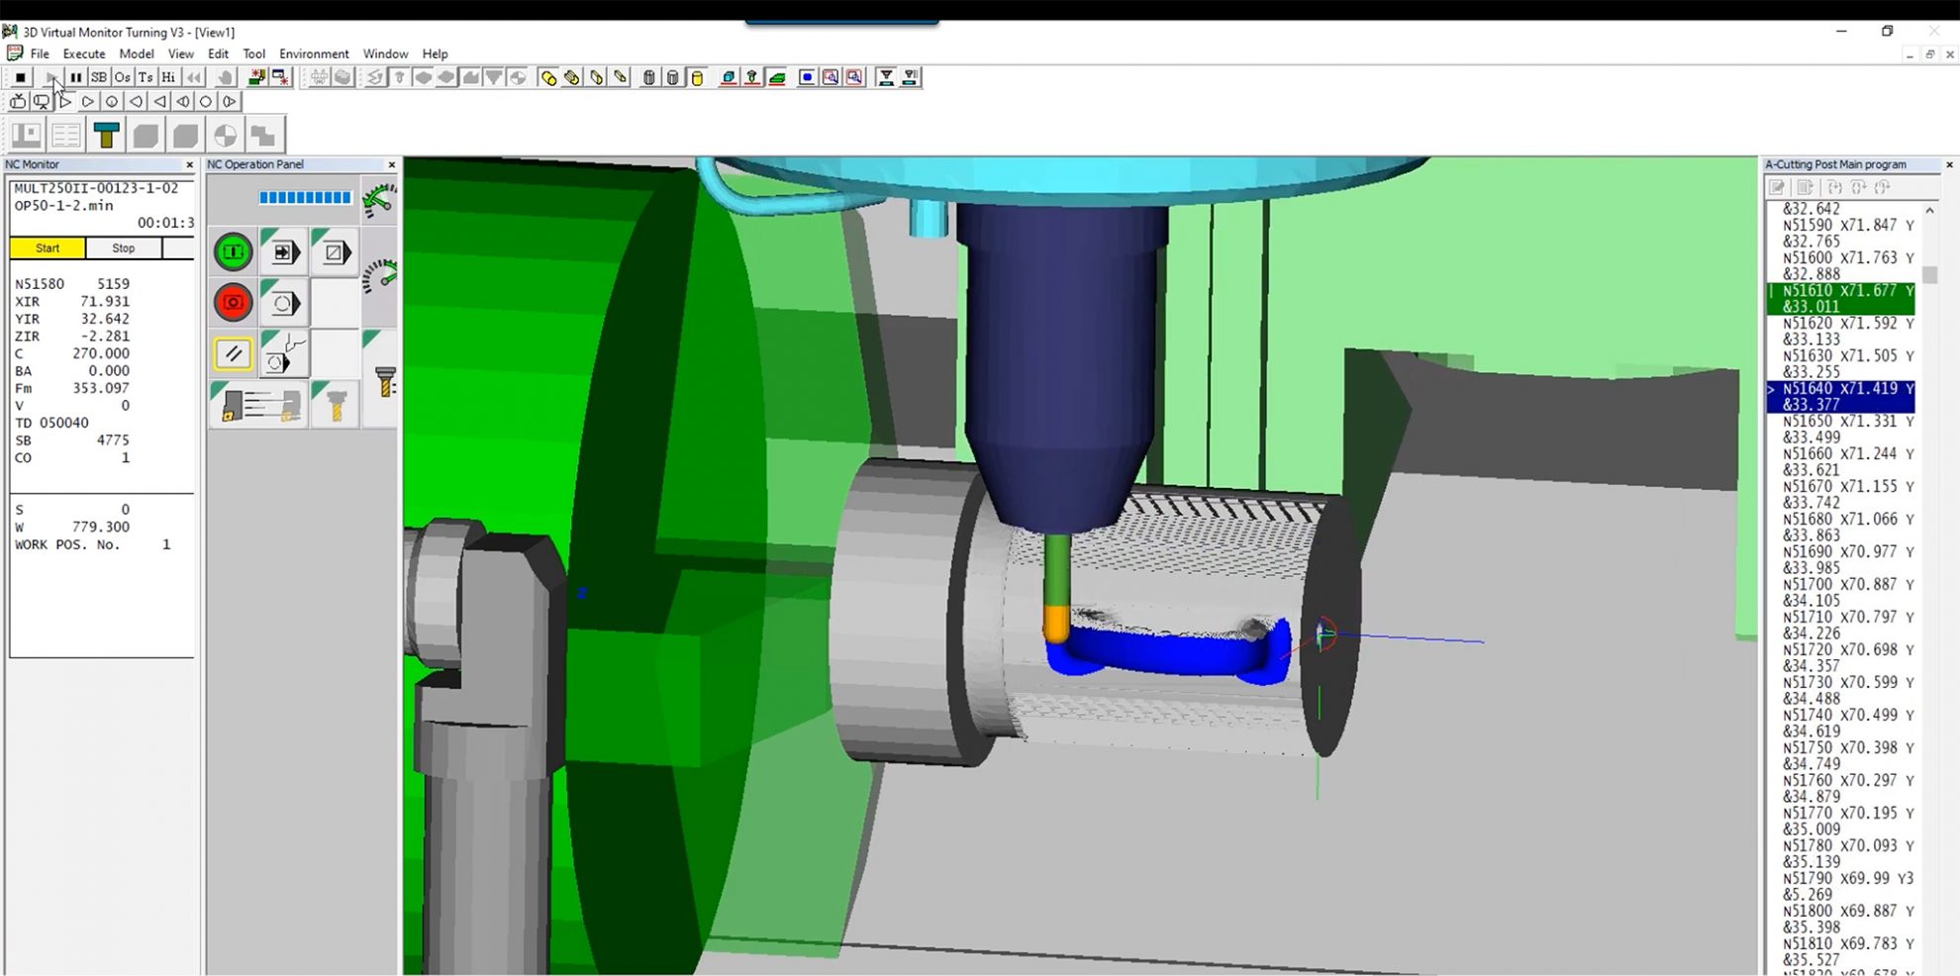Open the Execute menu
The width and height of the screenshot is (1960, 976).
pos(84,53)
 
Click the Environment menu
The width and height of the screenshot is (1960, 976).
pos(314,53)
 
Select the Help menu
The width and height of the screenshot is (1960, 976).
pos(435,53)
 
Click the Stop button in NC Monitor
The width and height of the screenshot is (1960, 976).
pos(124,248)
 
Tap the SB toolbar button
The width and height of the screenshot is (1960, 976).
pos(99,77)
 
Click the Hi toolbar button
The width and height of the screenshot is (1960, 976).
pos(168,77)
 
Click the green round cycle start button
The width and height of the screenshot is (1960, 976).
pos(234,252)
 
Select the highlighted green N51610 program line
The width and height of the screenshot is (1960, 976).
pos(1841,298)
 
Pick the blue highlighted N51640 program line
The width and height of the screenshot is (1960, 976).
pos(1841,396)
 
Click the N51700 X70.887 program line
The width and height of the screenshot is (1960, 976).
pos(1841,592)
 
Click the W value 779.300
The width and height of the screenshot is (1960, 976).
pos(100,528)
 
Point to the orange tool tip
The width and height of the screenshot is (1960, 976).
pos(1057,624)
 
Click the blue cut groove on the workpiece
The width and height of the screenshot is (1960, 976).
pos(1168,656)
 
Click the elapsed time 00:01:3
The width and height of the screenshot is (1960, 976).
pos(165,223)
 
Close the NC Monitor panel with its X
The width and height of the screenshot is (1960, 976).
pos(190,165)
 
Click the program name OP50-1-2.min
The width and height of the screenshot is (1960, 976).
pos(63,206)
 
